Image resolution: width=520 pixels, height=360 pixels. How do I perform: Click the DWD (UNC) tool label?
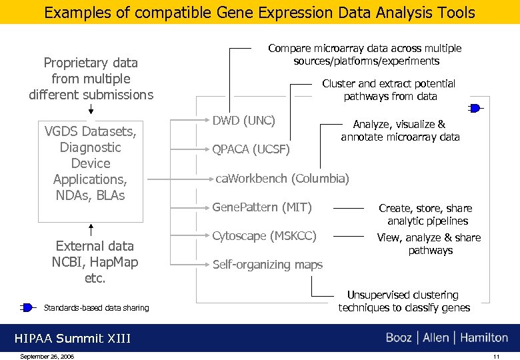243,121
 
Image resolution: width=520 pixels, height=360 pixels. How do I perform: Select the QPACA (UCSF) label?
251,150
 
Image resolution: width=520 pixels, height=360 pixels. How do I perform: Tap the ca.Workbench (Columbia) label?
282,179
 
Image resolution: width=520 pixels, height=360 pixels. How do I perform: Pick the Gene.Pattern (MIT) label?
262,207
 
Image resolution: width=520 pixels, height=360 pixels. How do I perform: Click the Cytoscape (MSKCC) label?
264,236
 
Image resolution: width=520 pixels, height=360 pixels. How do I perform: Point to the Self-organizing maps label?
267,265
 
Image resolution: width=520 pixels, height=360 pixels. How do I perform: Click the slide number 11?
496,356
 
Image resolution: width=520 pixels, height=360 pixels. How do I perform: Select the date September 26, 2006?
47,356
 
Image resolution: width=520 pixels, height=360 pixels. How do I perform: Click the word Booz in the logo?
399,338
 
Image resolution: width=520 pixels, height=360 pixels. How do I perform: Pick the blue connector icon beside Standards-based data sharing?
27,307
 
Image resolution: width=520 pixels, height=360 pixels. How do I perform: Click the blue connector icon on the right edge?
475,108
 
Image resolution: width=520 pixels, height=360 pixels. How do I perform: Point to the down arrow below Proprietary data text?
91,110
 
